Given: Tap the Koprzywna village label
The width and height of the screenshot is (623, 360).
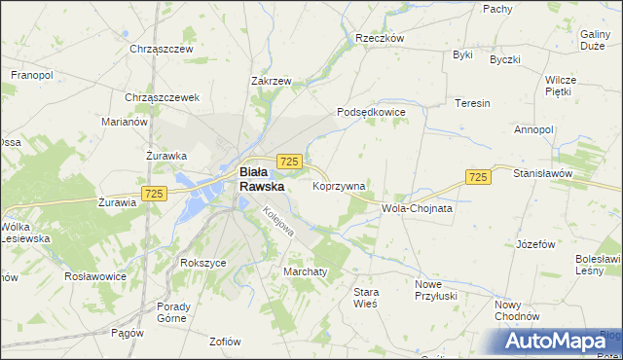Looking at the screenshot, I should click(x=339, y=185).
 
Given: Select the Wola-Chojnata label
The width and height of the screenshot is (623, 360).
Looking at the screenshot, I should click(x=419, y=208).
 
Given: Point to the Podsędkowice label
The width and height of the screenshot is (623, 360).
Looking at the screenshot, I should click(x=371, y=112).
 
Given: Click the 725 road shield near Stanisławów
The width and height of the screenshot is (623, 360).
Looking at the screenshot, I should click(x=477, y=176).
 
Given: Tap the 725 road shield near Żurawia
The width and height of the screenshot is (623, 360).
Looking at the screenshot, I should click(x=153, y=194).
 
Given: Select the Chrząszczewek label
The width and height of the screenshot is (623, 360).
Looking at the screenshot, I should click(x=162, y=97).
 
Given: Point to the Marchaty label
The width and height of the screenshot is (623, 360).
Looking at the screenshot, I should click(x=304, y=270).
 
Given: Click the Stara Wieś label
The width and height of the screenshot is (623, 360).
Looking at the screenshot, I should click(x=366, y=298).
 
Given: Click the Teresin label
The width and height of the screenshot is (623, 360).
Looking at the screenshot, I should click(x=472, y=102).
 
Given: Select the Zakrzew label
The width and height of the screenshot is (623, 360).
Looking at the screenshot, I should click(x=272, y=82).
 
